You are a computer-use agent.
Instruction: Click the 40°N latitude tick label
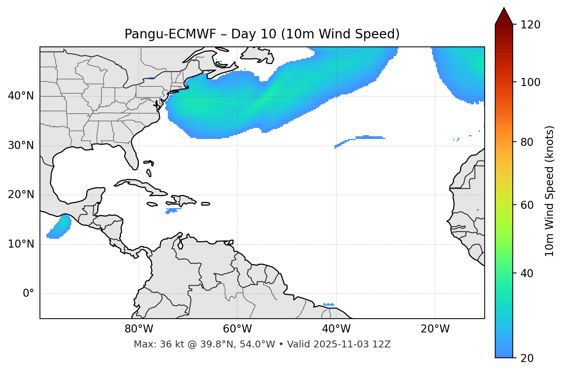[x=21, y=96]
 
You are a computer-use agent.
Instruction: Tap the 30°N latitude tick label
[x=21, y=145]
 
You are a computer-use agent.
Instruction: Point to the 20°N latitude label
[x=21, y=195]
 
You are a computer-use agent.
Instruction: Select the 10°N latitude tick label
[x=21, y=244]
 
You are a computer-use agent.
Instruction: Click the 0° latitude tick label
[x=28, y=294]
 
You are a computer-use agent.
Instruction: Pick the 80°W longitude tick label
[x=139, y=329]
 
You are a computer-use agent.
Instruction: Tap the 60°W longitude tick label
[x=237, y=329]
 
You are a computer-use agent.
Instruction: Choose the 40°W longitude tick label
[x=336, y=329]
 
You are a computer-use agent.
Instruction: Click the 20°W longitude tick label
[x=435, y=329]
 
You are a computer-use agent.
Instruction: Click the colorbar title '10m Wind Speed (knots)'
[x=550, y=191]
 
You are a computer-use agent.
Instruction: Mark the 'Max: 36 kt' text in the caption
[x=152, y=344]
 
